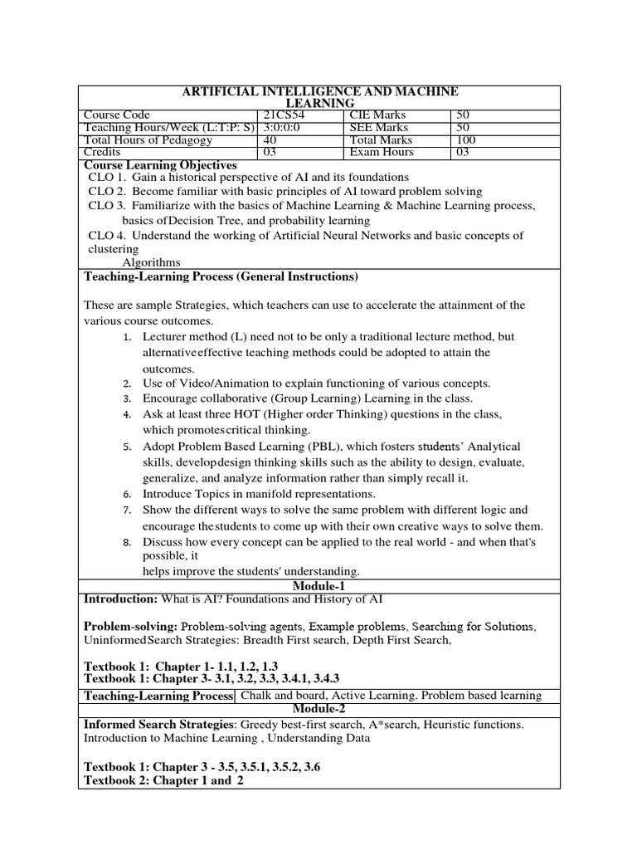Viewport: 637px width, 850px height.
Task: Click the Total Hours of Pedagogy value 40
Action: tap(270, 140)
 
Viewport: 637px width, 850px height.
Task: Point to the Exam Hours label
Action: tap(382, 153)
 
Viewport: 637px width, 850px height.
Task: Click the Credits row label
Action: tap(103, 153)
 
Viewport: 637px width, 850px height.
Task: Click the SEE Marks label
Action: tap(379, 128)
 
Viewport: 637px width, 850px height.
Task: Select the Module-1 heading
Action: tap(318, 587)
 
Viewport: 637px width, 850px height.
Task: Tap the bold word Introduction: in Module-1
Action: tap(121, 599)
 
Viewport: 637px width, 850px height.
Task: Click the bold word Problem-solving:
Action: tap(131, 625)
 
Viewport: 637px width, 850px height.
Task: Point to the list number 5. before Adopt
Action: tap(128, 447)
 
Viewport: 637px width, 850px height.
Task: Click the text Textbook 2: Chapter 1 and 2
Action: tap(158, 781)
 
